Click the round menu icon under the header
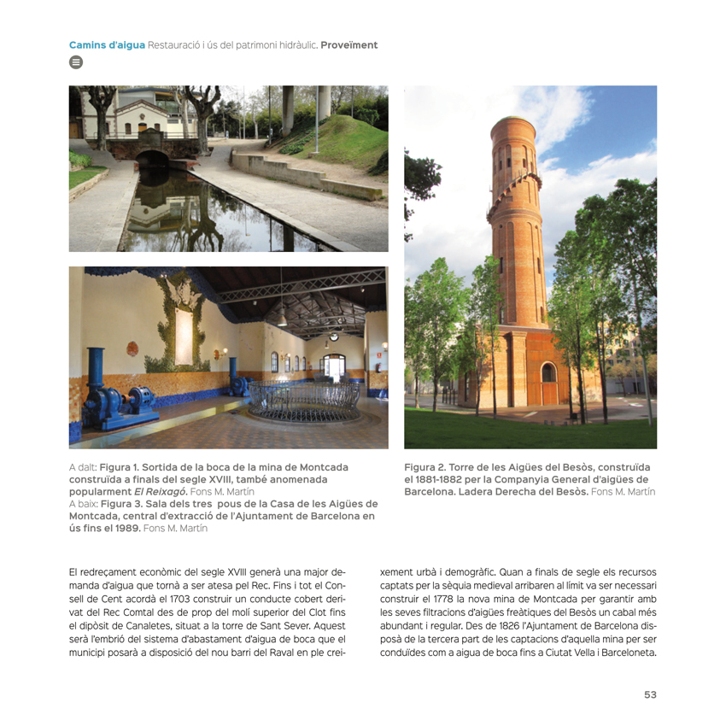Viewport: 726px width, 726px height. click(75, 62)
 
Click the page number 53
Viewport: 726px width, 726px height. click(650, 694)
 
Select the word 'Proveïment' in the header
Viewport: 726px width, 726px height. click(348, 44)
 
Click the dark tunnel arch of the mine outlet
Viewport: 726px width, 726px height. click(153, 160)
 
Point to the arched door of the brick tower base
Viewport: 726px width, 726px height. click(548, 373)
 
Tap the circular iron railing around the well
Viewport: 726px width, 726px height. click(304, 401)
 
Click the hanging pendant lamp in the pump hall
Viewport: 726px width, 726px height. click(280, 319)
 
